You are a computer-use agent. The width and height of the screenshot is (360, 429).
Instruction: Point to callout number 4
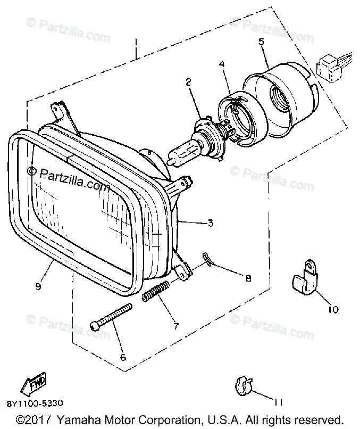[x=222, y=64]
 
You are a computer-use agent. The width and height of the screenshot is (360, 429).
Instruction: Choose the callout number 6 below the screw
[x=123, y=357]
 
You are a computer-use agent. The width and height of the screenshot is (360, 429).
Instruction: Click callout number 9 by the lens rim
[x=38, y=286]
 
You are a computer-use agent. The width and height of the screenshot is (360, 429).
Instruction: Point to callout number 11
[x=278, y=402]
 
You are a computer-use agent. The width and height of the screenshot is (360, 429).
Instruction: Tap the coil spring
[x=155, y=292]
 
